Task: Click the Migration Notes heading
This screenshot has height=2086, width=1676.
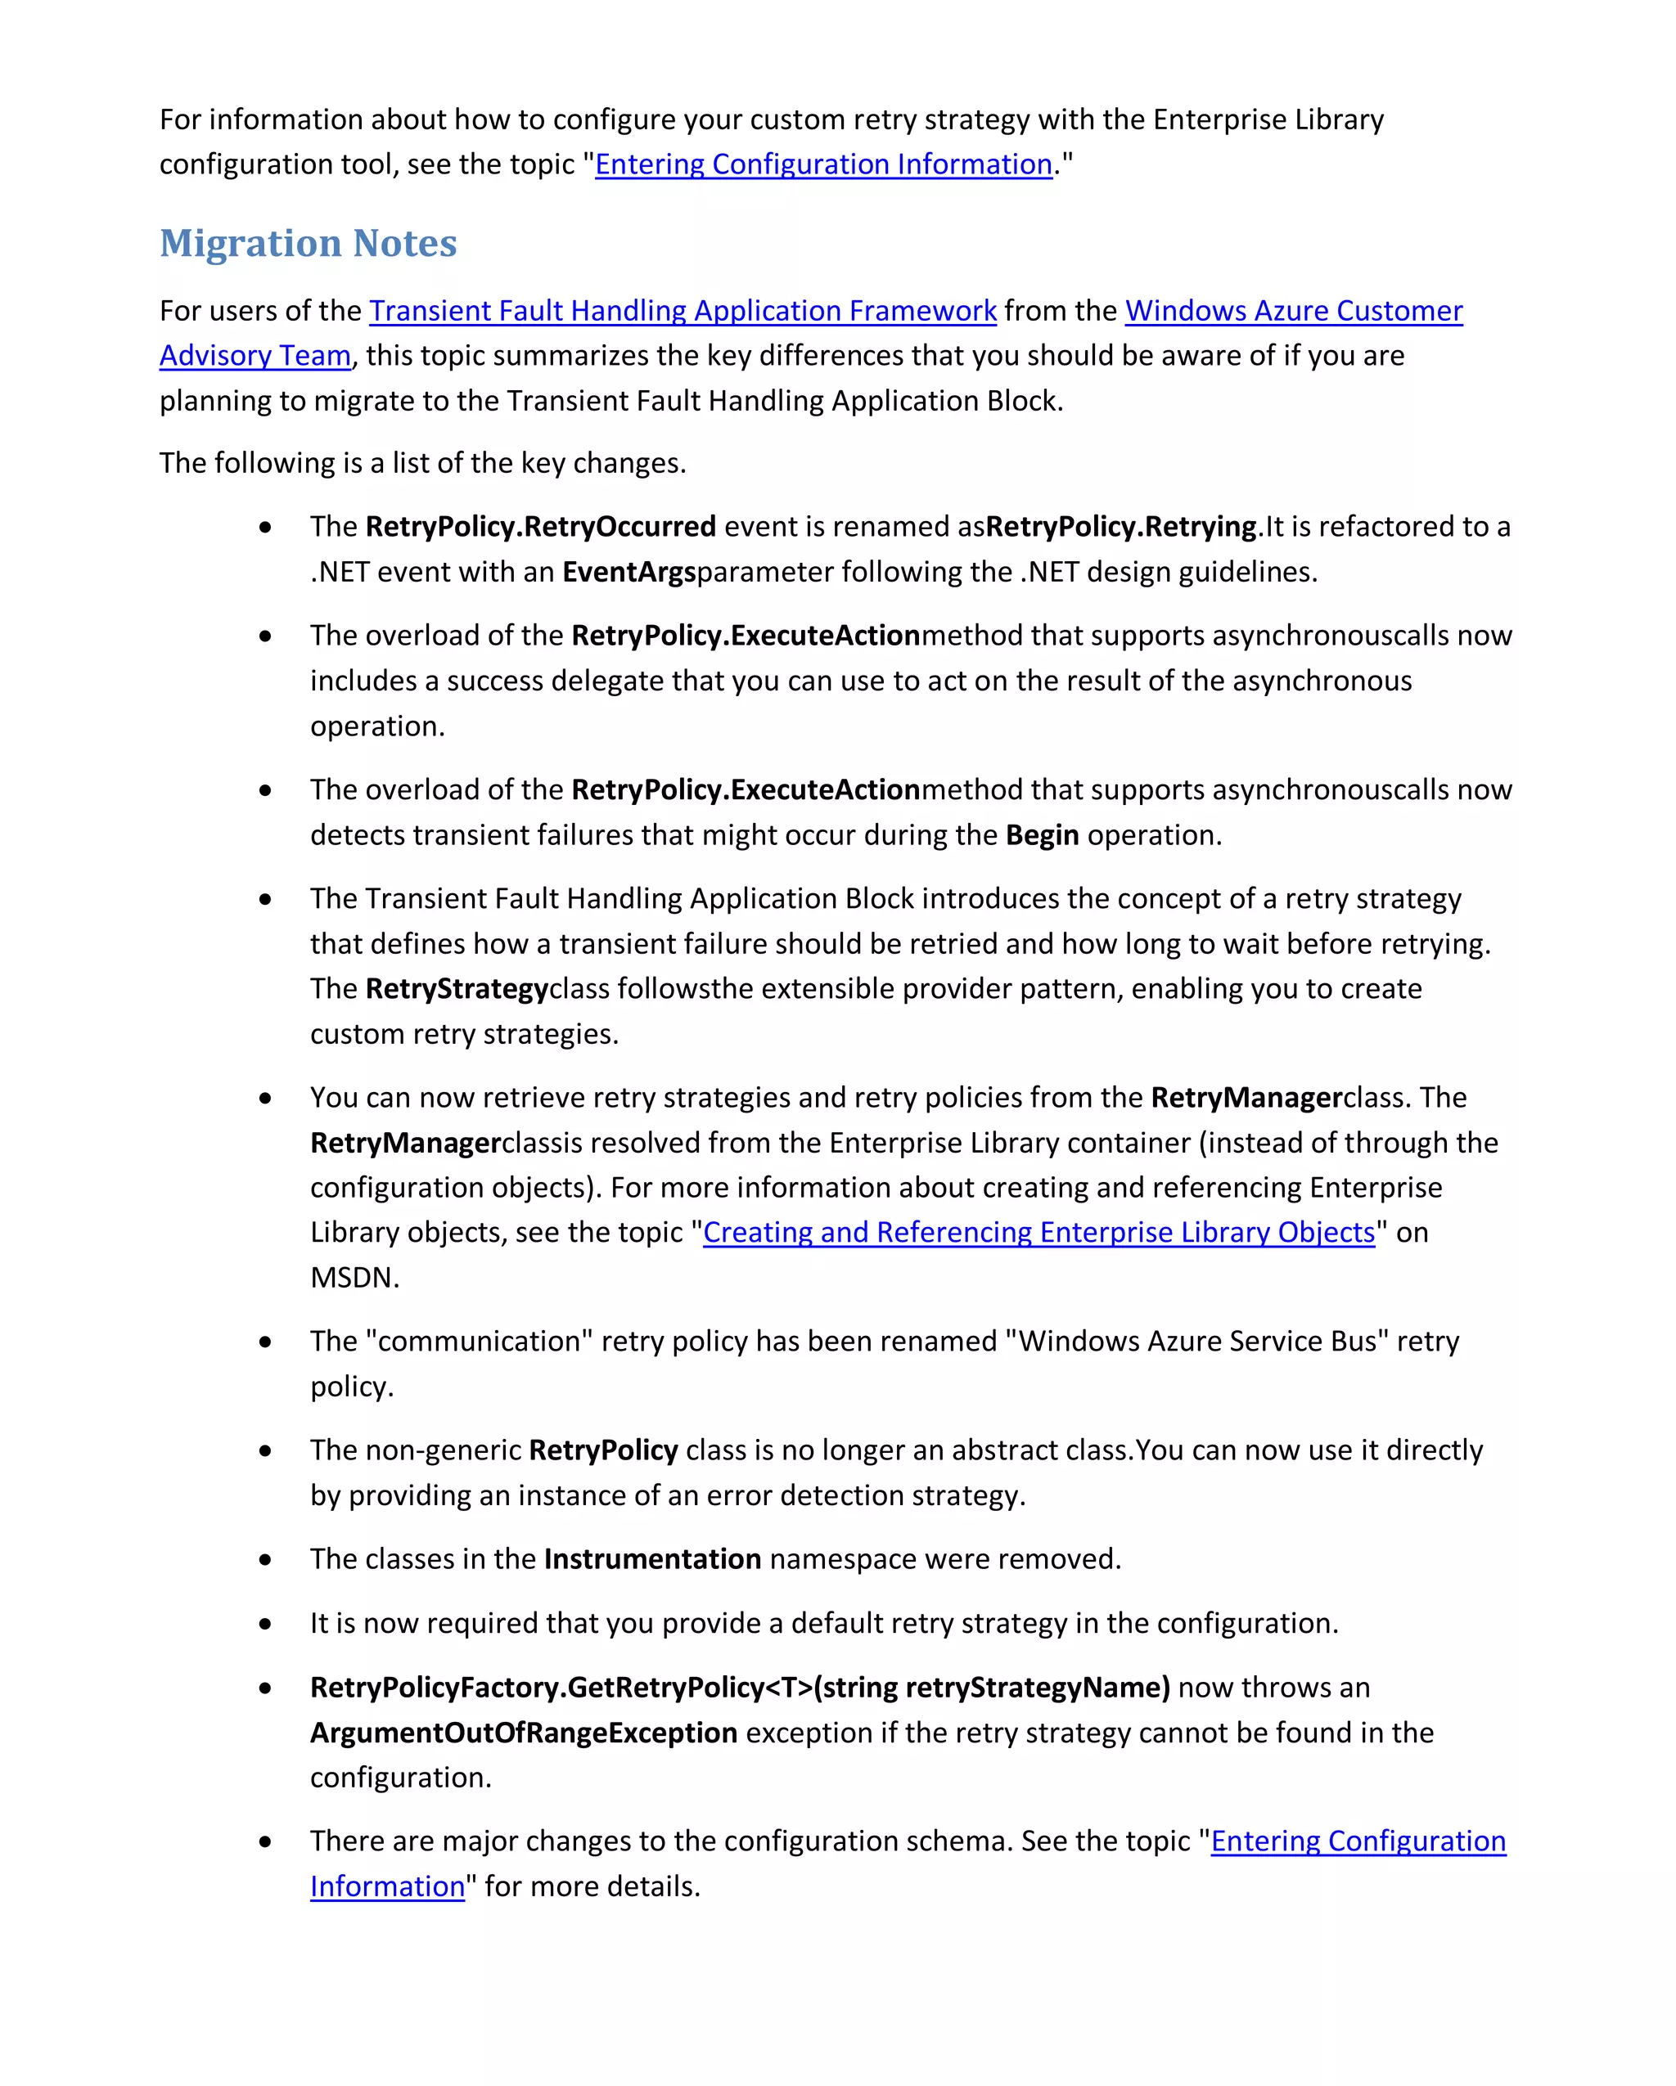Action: point(308,243)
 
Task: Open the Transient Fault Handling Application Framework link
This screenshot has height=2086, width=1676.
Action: point(683,311)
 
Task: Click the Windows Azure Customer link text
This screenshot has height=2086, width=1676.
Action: point(1293,311)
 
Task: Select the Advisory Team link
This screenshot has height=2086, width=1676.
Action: point(255,356)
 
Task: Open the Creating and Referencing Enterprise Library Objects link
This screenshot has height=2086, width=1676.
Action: point(1038,1233)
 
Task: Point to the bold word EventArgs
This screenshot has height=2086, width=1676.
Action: point(629,572)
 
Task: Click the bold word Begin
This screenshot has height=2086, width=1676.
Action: point(1041,835)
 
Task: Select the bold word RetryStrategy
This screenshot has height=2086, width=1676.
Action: point(457,989)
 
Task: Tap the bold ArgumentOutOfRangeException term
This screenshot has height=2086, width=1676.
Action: point(524,1733)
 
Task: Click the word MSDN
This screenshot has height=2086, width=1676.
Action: point(354,1278)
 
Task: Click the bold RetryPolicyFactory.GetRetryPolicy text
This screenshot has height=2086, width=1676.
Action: point(739,1688)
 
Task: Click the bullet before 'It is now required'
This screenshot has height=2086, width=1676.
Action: point(265,1625)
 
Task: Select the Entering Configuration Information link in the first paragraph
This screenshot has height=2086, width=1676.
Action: point(823,164)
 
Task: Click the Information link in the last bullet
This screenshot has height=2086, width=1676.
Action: point(387,1886)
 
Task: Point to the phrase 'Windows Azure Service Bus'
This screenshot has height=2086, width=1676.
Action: point(1197,1342)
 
